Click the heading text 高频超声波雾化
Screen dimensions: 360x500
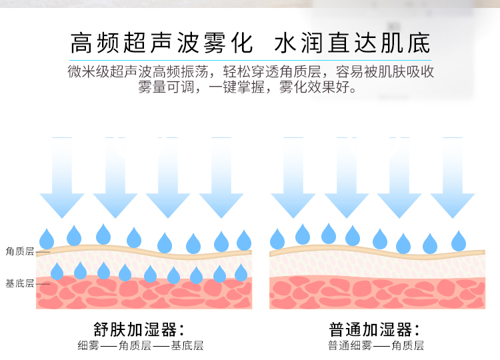click(161, 43)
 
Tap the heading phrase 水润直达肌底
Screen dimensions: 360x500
click(352, 43)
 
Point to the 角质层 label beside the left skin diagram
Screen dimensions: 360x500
click(19, 251)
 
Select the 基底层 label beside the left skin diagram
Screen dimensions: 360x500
click(19, 283)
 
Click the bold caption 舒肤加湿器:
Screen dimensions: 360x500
click(139, 330)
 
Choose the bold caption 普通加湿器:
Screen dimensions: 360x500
click(375, 330)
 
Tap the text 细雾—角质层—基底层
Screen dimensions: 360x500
click(140, 345)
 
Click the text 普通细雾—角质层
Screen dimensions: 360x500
click(375, 345)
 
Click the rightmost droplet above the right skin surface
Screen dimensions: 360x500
click(458, 241)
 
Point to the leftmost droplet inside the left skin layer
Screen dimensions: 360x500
click(57, 271)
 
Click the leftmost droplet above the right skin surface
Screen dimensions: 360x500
click(277, 238)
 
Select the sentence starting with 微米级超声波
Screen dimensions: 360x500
click(250, 71)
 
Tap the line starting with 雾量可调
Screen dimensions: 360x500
click(250, 87)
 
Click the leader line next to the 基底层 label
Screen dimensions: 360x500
click(43, 283)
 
